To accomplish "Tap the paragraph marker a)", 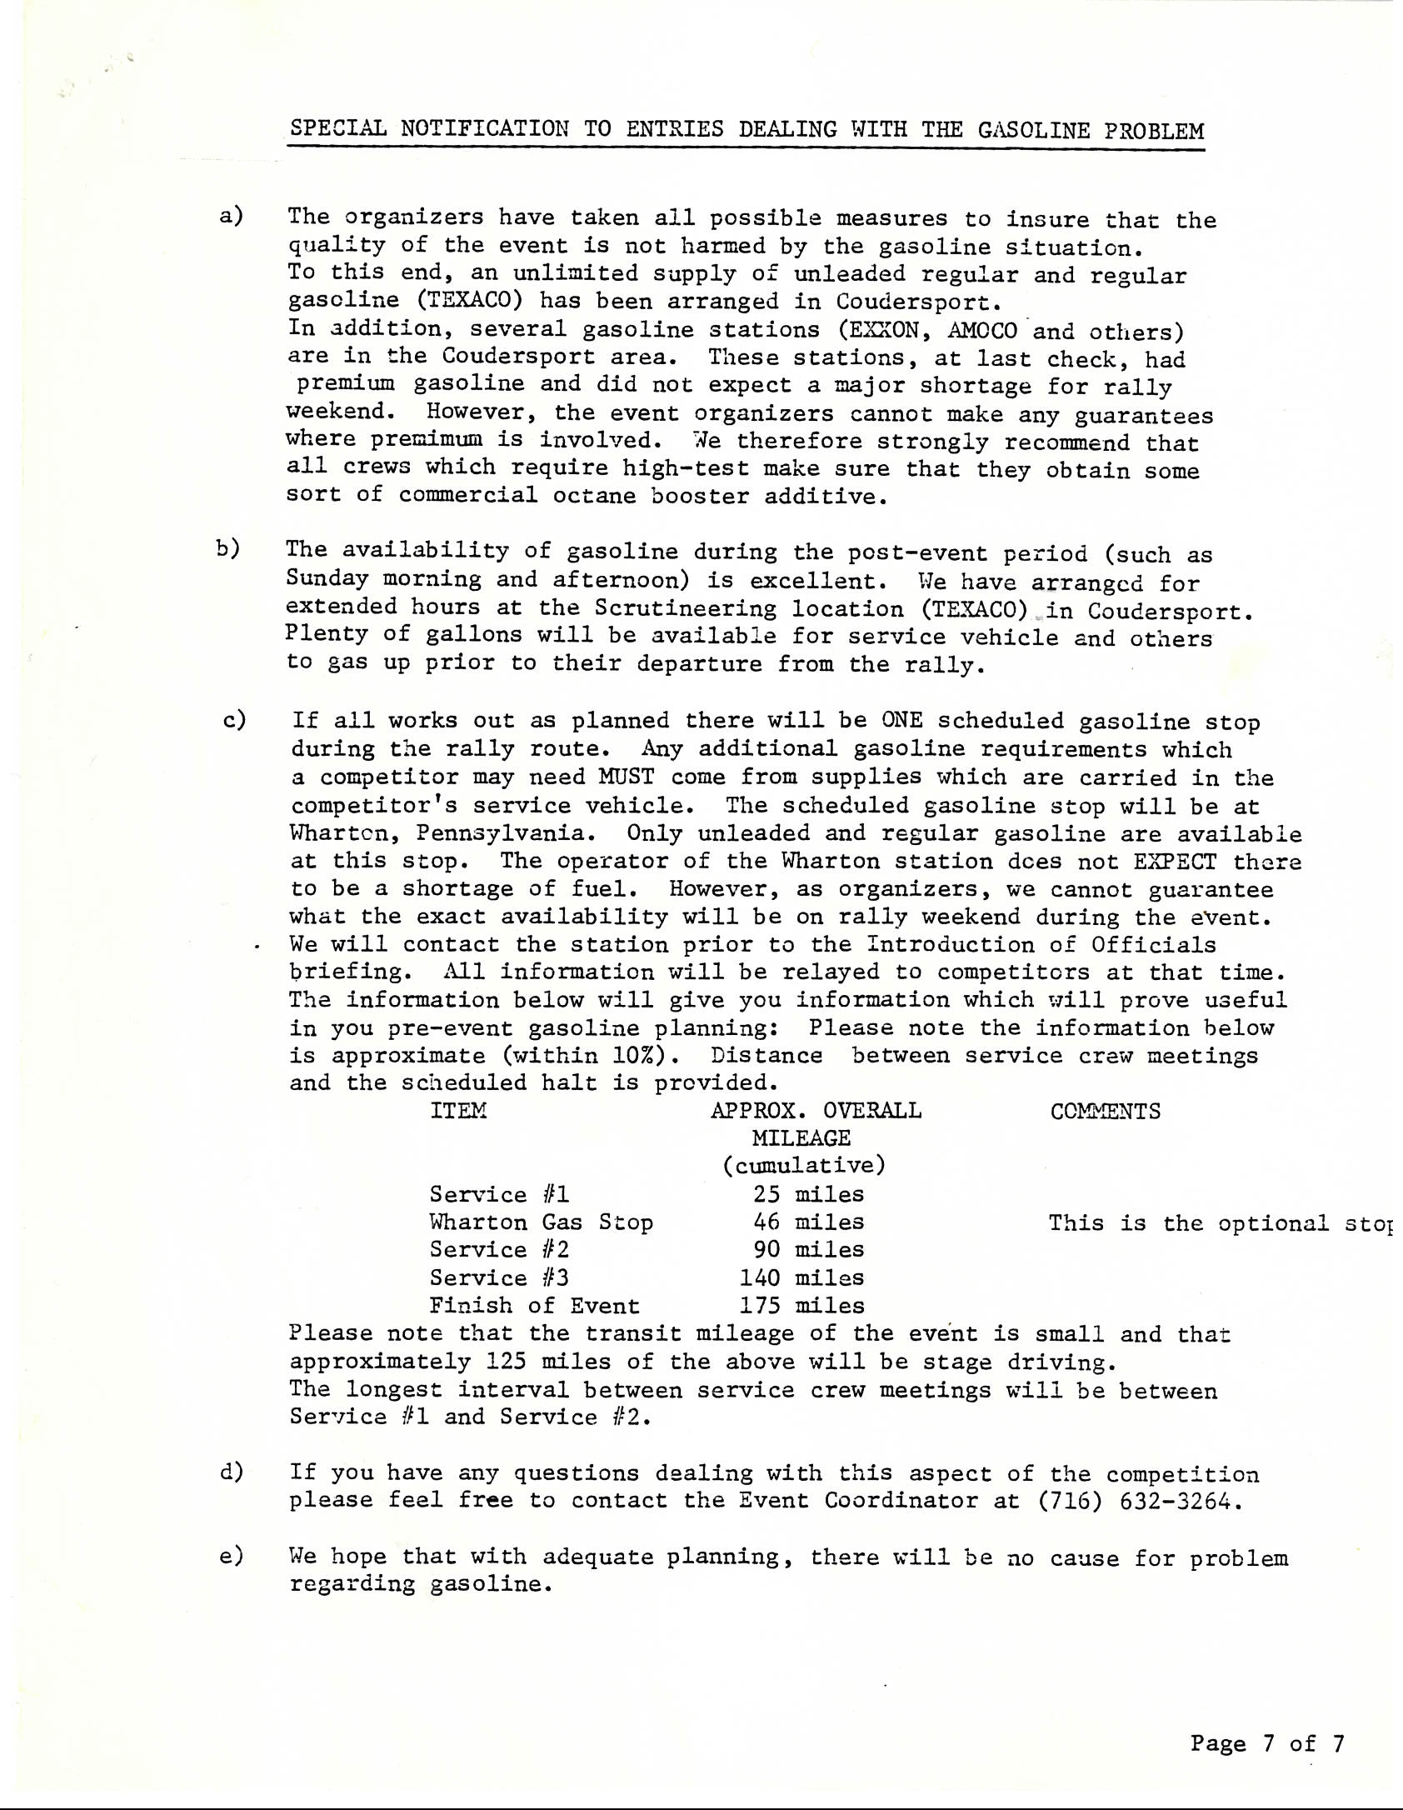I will pyautogui.click(x=230, y=217).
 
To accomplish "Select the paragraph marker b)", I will pyautogui.click(x=227, y=548).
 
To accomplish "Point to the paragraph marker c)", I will pyautogui.click(x=234, y=720).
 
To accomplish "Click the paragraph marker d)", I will pyautogui.click(x=231, y=1472).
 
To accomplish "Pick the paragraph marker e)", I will pyautogui.click(x=231, y=1556).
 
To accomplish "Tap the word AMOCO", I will pyautogui.click(x=982, y=331).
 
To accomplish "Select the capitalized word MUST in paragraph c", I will pyautogui.click(x=626, y=777).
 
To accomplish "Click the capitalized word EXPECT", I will pyautogui.click(x=1174, y=861).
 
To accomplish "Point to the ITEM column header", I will pyautogui.click(x=458, y=1111).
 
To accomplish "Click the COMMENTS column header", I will pyautogui.click(x=1105, y=1112).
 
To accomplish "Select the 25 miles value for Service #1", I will pyautogui.click(x=808, y=1194).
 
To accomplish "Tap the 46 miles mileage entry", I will pyautogui.click(x=808, y=1222).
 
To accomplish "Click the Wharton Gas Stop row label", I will pyautogui.click(x=541, y=1222).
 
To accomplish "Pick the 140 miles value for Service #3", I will pyautogui.click(x=801, y=1277).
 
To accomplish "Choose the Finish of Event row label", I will pyautogui.click(x=534, y=1306).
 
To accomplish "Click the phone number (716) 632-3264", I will pyautogui.click(x=1138, y=1501).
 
